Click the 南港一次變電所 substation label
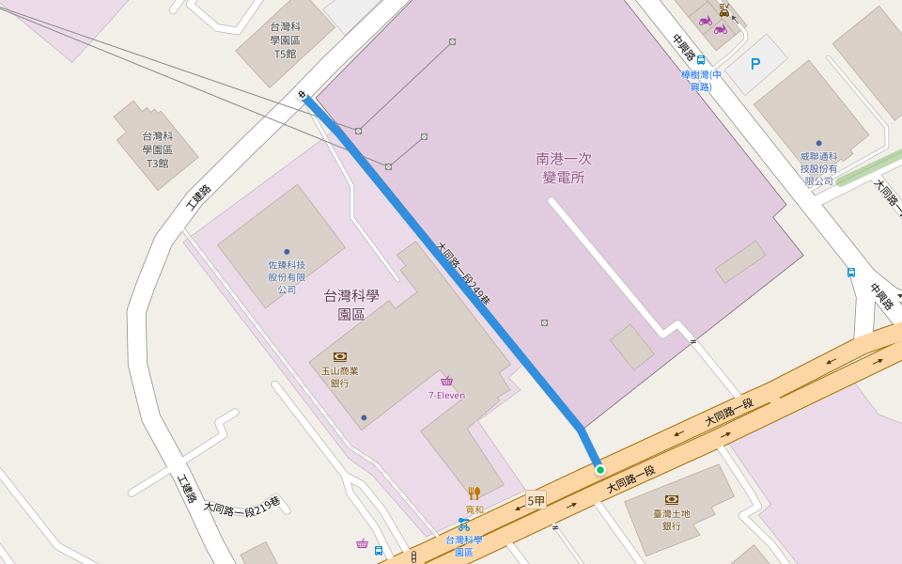564,167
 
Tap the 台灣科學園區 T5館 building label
284,40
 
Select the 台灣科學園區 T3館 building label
157,149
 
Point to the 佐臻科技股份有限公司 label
287,277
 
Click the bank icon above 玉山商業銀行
340,357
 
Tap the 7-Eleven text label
446,395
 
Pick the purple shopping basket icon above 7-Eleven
446,381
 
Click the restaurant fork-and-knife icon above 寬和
474,493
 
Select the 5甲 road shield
536,501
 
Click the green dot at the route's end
599,469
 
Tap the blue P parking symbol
754,64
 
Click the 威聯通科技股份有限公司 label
817,168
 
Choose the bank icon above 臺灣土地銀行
671,499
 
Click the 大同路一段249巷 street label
464,274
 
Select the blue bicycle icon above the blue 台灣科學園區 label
463,525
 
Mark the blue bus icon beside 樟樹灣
701,60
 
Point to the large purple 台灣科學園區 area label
351,305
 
